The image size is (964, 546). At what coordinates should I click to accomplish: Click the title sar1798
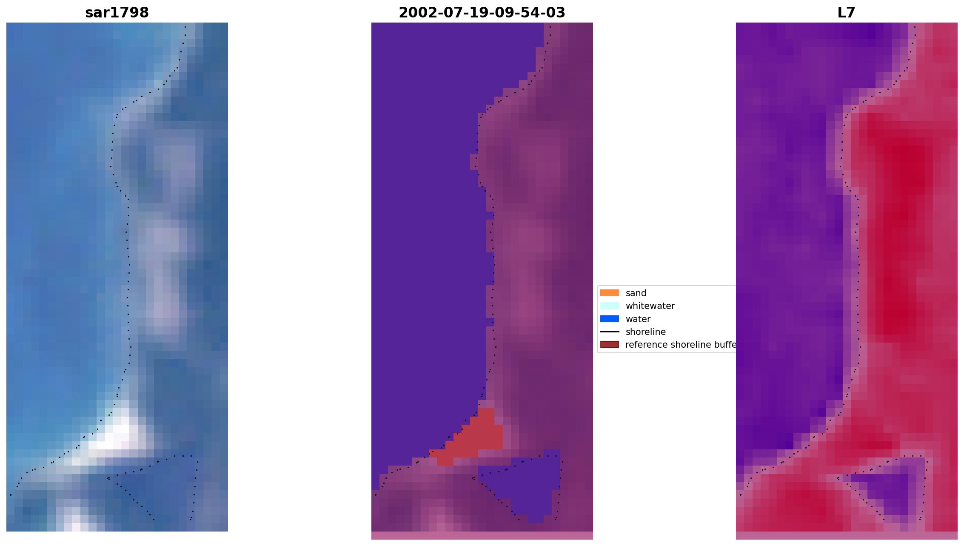117,12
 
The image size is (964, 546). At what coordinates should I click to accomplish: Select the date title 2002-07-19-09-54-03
482,12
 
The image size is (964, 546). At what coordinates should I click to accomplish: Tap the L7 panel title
846,12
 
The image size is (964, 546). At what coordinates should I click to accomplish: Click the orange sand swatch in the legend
609,293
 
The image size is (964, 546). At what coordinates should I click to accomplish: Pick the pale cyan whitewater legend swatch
609,306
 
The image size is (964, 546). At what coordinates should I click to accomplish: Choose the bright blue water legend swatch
609,319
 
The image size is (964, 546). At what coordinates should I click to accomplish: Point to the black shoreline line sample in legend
609,332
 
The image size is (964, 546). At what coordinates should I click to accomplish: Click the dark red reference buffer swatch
609,344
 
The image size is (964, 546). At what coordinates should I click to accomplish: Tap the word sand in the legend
636,293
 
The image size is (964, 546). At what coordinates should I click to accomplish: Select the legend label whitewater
650,306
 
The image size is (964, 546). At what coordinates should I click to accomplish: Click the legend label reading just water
638,319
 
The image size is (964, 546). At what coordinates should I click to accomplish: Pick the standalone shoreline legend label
645,332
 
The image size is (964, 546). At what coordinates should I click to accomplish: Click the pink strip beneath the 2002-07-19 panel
482,535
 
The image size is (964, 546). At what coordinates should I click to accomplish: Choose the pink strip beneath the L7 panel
846,535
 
